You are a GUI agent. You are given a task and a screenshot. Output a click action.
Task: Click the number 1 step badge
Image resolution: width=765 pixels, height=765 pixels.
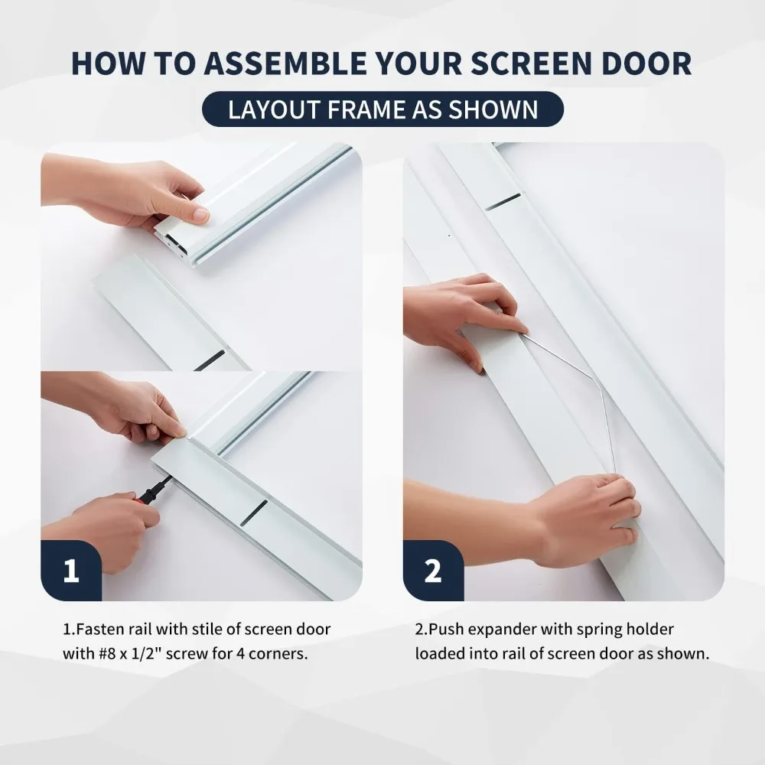71,571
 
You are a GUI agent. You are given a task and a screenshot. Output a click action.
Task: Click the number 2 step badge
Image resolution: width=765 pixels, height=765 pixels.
433,571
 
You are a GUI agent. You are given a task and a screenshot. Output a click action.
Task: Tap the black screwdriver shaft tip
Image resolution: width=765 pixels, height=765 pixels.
171,479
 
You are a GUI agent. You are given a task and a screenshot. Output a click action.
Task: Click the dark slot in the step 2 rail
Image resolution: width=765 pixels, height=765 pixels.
503,202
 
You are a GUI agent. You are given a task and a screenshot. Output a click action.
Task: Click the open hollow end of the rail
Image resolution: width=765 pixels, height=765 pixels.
173,243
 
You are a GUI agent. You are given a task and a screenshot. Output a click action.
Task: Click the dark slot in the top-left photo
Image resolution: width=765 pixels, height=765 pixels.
210,360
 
